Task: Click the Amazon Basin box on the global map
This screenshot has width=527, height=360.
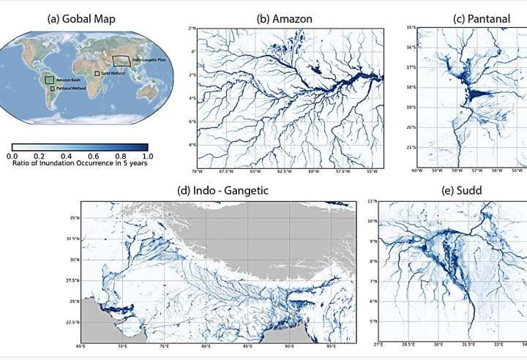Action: click(x=49, y=79)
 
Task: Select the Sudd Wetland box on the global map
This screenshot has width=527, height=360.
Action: click(x=97, y=73)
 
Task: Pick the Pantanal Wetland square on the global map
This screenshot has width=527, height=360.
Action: click(x=53, y=88)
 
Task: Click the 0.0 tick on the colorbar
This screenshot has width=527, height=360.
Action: click(x=12, y=156)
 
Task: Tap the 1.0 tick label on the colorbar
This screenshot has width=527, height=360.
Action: click(x=147, y=156)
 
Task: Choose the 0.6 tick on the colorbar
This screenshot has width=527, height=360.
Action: click(x=94, y=156)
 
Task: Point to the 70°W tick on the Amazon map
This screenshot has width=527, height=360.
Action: click(x=197, y=172)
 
